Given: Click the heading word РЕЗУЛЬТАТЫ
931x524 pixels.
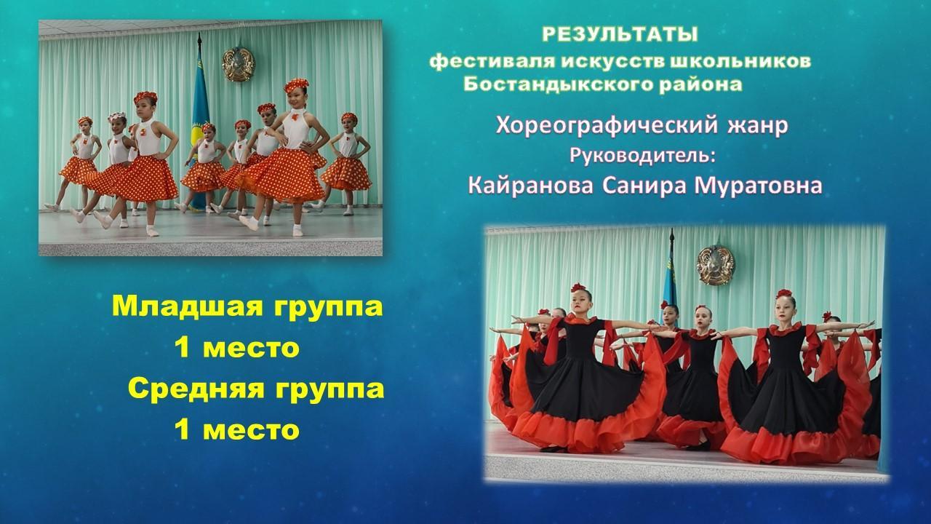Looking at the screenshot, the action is tap(620, 34).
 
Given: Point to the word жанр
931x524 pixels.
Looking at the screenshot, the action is tap(757, 127).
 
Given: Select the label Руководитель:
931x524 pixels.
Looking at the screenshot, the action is tap(643, 156).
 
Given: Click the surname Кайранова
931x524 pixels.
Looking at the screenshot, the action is tap(531, 186).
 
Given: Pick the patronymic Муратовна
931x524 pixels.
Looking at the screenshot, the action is tap(759, 186).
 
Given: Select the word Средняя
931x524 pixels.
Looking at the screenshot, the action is tap(196, 389).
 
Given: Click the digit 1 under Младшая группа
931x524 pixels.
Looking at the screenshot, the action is tap(182, 347).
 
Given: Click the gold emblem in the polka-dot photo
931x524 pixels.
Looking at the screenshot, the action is tap(238, 64).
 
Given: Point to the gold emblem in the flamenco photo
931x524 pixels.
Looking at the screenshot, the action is tap(716, 265).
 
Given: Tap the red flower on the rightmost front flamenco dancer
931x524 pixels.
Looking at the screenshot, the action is tap(784, 293).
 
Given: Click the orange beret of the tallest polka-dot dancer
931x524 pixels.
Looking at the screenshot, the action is tap(296, 84).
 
